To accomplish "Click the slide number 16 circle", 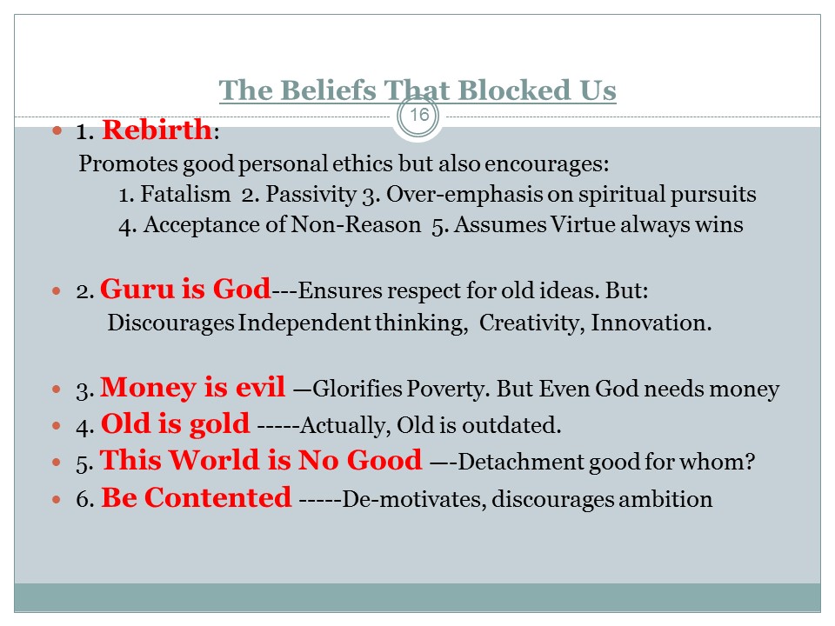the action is [x=418, y=115].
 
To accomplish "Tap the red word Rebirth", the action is [x=157, y=130].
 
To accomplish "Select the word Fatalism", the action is [x=185, y=194].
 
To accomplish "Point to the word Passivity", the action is [x=311, y=195].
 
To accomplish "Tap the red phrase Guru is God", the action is [x=185, y=289].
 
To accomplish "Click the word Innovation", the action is [x=651, y=323].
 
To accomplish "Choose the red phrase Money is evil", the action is [x=193, y=387].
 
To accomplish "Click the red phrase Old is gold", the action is [x=175, y=424].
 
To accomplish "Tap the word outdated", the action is [x=511, y=425].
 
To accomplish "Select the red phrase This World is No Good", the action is [x=261, y=460].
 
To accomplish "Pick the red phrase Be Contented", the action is [x=197, y=497].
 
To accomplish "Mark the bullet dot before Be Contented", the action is [x=57, y=499].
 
